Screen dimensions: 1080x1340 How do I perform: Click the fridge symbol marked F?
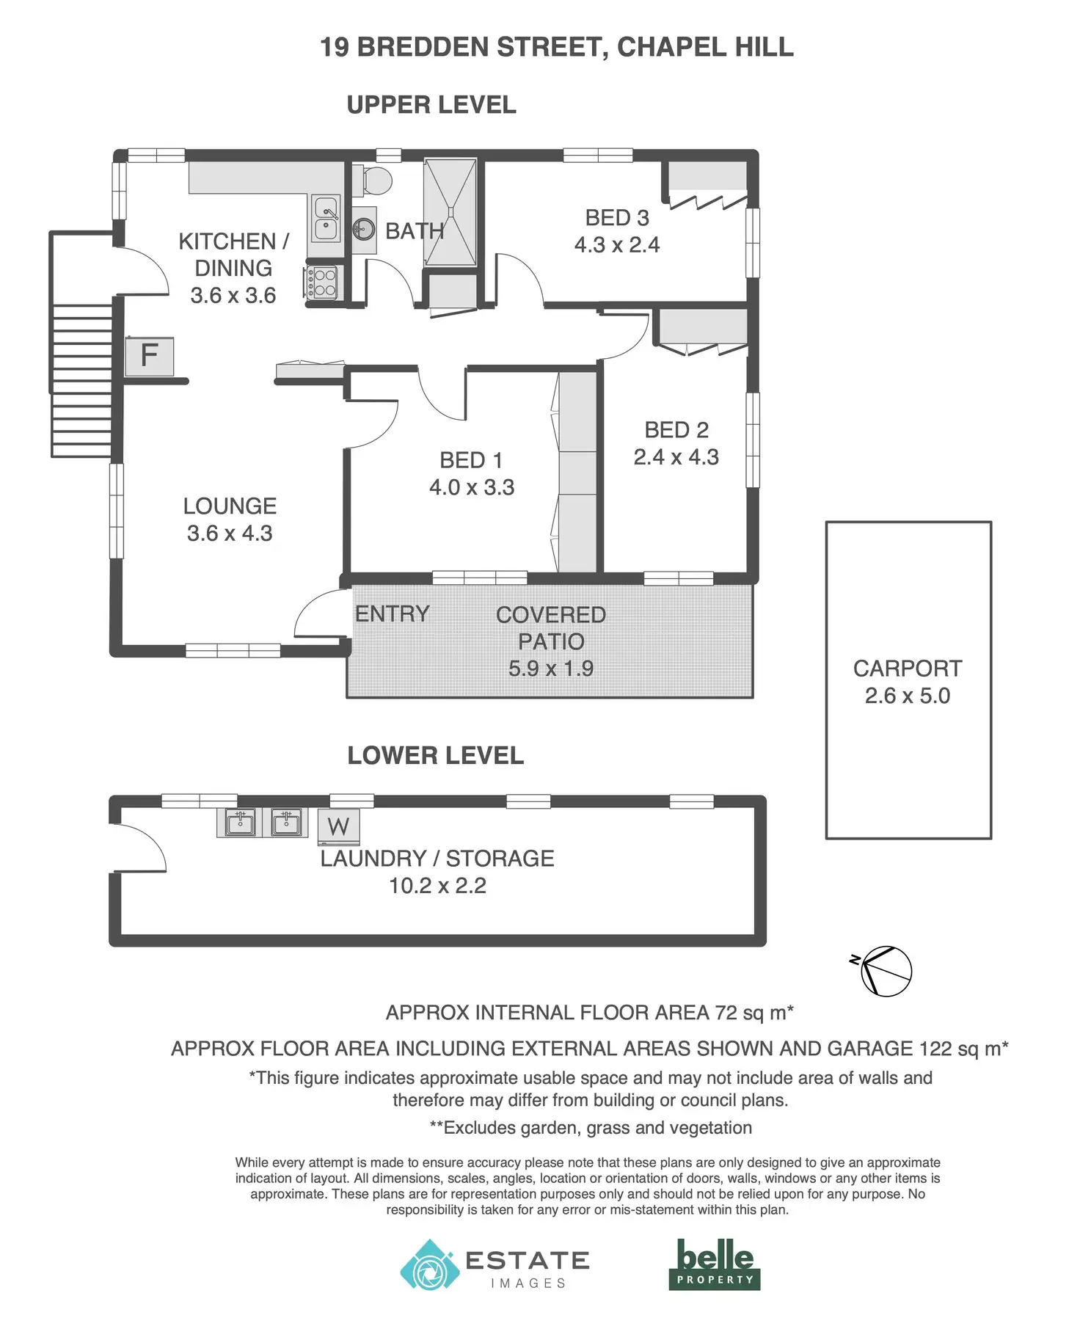(149, 356)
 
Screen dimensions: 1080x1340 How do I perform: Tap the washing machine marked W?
(338, 827)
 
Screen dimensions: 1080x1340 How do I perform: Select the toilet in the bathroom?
(375, 181)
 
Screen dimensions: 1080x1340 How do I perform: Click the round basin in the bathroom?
(364, 230)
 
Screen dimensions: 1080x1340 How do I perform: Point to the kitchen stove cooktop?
(321, 283)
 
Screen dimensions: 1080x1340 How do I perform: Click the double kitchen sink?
(325, 218)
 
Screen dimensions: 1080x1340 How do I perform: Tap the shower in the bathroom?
(450, 212)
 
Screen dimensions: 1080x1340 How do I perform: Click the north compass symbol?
(886, 971)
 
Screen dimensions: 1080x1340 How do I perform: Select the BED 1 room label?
(471, 460)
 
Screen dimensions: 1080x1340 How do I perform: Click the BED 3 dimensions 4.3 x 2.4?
(617, 245)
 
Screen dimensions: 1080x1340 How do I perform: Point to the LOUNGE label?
(230, 506)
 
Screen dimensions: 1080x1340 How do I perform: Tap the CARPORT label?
(908, 669)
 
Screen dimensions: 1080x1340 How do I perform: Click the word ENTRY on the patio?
(393, 613)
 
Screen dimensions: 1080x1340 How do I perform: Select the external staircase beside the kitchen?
(81, 380)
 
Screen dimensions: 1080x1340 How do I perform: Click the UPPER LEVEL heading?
(431, 105)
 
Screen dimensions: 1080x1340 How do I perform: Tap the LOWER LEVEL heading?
(435, 756)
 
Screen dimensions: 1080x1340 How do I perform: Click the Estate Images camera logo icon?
(429, 1264)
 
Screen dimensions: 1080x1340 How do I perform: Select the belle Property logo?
(715, 1264)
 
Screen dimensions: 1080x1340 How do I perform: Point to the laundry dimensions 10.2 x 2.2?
(437, 886)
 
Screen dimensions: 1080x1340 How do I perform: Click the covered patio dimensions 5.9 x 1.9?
(551, 669)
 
